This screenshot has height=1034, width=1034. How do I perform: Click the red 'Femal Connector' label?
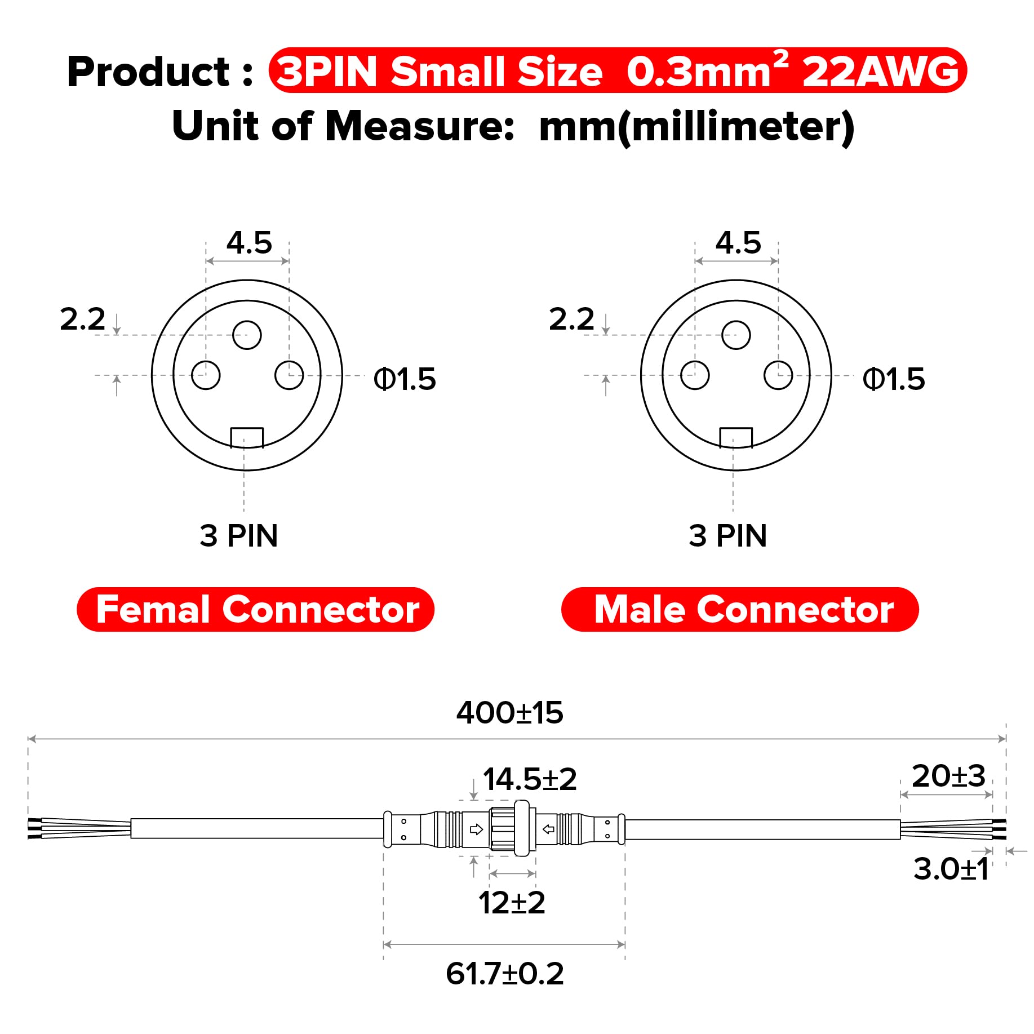pos(255,609)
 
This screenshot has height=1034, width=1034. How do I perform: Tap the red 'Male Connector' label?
pos(740,609)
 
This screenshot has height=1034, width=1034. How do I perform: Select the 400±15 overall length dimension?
pos(509,713)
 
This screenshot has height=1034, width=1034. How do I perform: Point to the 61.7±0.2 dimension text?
pos(504,974)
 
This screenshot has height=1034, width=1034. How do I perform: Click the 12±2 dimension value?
pos(512,903)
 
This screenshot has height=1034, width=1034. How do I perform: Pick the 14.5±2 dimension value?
pos(530,779)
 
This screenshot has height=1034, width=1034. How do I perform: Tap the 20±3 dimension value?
pos(948,776)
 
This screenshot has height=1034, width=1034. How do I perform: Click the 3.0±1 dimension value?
pos(951,869)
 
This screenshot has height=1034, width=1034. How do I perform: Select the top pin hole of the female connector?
pos(247,335)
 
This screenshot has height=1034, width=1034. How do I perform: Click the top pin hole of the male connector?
pos(736,335)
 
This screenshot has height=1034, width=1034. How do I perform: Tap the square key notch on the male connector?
pos(736,437)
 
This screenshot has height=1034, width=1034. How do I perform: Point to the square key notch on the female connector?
pos(247,437)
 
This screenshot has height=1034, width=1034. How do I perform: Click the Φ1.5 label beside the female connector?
pos(405,379)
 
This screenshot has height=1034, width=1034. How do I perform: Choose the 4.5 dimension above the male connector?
pos(738,243)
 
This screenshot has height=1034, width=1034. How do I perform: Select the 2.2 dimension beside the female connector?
pos(82,319)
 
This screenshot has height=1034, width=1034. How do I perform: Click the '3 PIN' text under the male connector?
pos(727,535)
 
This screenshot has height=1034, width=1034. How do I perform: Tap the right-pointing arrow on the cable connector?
pos(476,829)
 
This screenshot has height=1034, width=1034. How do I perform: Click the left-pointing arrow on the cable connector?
pos(548,829)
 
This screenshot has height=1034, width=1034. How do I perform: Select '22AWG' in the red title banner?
pos(880,72)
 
